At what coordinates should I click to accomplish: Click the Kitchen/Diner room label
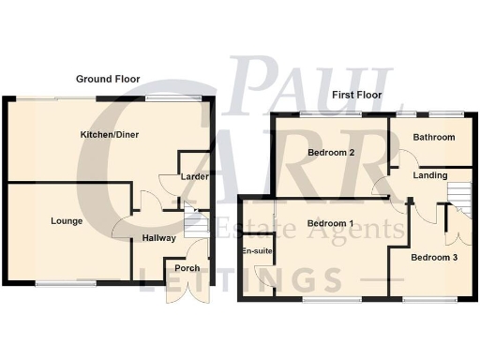tap(103, 135)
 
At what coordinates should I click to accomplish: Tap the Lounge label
tap(68, 221)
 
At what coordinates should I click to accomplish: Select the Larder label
tap(194, 174)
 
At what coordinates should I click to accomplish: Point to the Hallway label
tap(159, 238)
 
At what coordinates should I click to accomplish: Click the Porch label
tap(187, 268)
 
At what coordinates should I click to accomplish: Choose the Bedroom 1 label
tap(331, 223)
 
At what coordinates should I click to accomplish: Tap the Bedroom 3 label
tap(434, 257)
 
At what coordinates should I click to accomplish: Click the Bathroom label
tap(434, 138)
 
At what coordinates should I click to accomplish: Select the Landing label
tap(430, 175)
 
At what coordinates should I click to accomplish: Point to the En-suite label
tap(255, 252)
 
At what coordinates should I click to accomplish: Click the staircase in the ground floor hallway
tap(194, 226)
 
